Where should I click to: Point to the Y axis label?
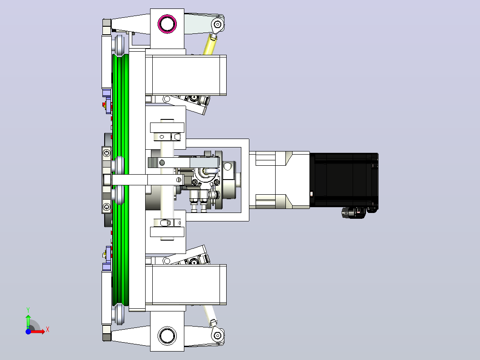click(28, 310)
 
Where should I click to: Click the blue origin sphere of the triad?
click(28, 331)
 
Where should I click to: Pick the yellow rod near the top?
click(209, 45)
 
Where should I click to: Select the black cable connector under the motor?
click(354, 213)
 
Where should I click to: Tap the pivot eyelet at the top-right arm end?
click(217, 24)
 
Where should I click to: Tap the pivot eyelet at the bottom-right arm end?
click(217, 335)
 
